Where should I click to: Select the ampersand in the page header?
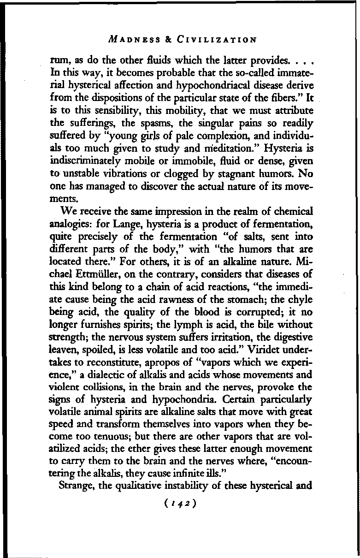tap(169, 40)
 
